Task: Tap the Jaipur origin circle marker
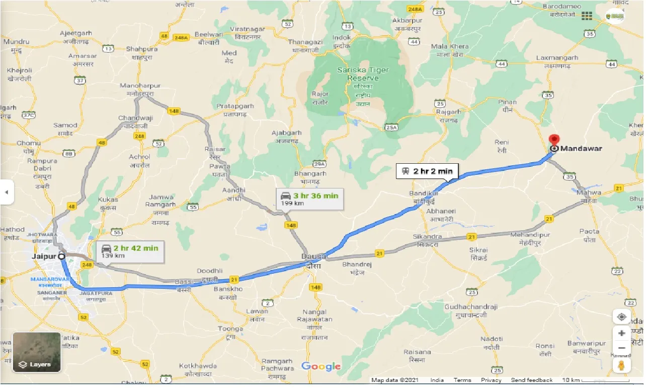tap(62, 256)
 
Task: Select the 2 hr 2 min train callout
tap(427, 171)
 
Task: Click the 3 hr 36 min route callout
tap(309, 199)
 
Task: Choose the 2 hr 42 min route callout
tap(130, 251)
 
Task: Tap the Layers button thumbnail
tap(36, 352)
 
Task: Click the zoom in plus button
tap(622, 333)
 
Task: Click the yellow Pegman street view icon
tap(622, 366)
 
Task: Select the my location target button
tap(622, 316)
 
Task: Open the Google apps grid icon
tap(587, 16)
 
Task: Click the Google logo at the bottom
tap(321, 366)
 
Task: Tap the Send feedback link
tap(532, 380)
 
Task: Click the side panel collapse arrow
tap(7, 192)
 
